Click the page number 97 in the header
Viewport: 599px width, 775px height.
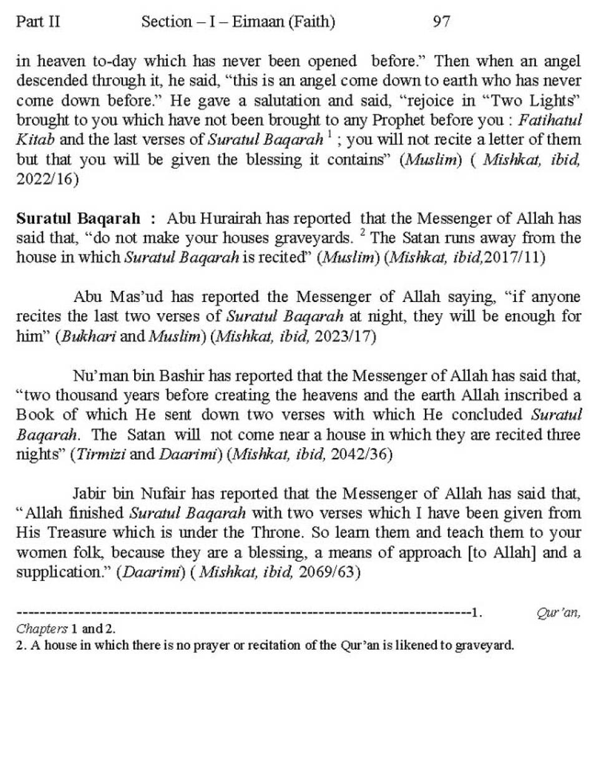[441, 22]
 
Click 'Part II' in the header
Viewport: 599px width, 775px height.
[38, 22]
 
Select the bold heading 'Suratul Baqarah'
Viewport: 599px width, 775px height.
[78, 218]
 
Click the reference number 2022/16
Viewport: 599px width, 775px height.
[47, 179]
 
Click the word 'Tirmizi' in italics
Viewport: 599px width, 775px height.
[100, 454]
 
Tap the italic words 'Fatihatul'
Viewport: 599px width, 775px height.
[550, 120]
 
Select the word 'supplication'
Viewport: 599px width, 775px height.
[59, 572]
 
